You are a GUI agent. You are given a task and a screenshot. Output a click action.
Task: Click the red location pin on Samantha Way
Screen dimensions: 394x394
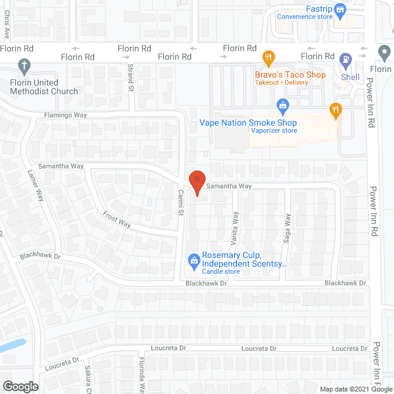point(196,180)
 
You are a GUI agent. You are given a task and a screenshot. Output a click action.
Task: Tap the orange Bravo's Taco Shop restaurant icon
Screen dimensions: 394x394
point(268,59)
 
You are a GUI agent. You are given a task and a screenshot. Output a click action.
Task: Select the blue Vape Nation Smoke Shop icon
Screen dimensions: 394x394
point(283,107)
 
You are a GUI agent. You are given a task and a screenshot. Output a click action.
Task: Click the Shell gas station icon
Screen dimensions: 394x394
point(346,61)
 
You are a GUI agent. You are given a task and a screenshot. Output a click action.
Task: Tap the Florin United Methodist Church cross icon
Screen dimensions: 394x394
point(25,65)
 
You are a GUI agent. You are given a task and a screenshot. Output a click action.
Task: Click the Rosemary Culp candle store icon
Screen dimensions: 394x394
point(195,259)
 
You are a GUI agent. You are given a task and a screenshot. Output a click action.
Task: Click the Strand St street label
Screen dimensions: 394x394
point(131,77)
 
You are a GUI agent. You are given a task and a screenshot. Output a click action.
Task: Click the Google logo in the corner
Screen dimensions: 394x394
point(20,386)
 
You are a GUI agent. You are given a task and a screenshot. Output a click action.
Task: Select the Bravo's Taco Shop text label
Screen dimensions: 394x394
point(290,75)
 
